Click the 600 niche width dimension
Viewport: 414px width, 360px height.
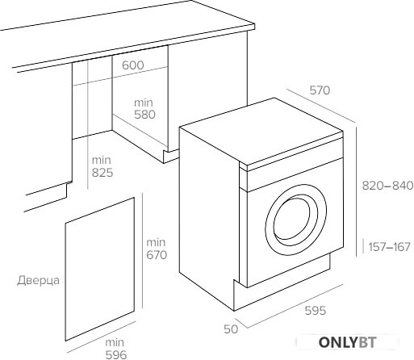[133, 65]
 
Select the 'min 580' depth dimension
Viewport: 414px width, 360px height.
[144, 109]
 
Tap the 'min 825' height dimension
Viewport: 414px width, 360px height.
[102, 166]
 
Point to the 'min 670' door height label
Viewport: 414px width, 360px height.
[157, 249]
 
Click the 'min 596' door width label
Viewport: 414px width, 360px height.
[116, 349]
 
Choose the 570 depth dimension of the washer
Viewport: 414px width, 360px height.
[320, 90]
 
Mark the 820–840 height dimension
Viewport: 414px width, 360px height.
[387, 186]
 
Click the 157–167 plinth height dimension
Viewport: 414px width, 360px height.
[389, 247]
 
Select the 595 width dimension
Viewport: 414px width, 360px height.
[316, 311]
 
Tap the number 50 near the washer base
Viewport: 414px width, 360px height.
[231, 329]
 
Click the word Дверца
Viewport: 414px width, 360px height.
[38, 281]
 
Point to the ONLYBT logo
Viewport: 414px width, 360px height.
[347, 342]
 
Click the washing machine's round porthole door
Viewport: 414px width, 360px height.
[295, 220]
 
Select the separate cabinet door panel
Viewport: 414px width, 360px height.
[99, 269]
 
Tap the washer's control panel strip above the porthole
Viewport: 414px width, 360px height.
[295, 174]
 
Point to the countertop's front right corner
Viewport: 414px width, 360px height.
[254, 27]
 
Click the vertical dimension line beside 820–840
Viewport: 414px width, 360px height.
[357, 192]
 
